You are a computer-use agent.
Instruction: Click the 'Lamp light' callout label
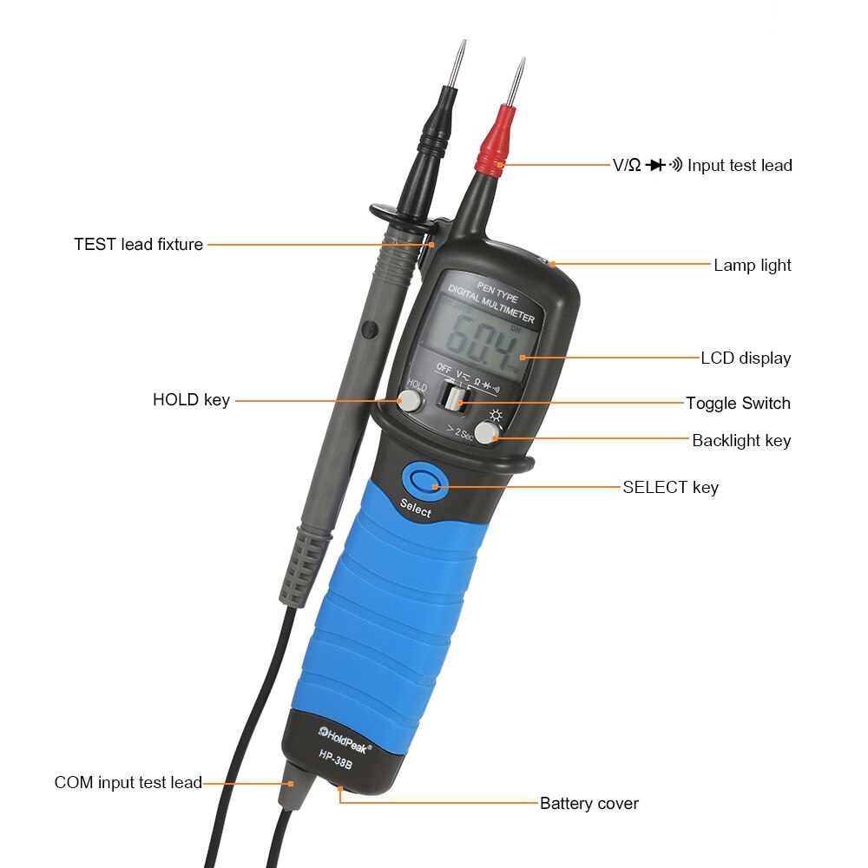pos(752,266)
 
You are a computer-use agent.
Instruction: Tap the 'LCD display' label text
pos(746,358)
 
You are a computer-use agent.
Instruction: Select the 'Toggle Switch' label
pos(738,403)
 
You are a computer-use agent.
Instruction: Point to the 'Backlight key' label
pos(741,441)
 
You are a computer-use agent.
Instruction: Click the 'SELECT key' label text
pos(670,487)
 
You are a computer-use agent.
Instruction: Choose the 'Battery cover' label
pos(589,803)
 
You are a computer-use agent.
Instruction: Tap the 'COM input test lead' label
pos(128,783)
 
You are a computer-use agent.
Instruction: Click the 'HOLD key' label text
pos(191,400)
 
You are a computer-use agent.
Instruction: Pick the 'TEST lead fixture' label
pos(138,245)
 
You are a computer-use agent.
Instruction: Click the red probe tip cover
pos(492,144)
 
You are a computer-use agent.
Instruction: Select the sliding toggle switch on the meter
pos(452,397)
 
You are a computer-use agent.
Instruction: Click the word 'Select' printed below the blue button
pos(415,510)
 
